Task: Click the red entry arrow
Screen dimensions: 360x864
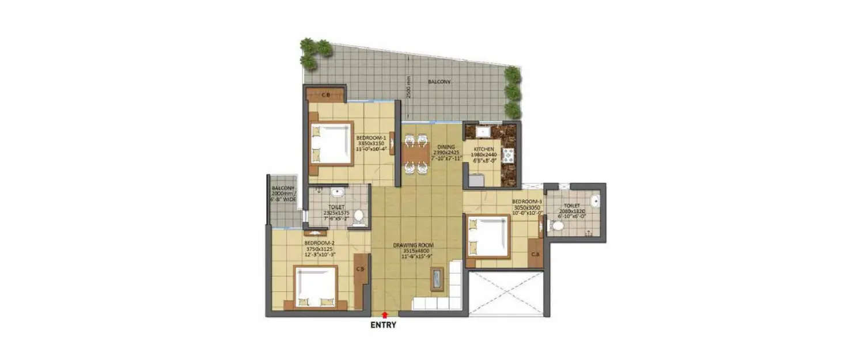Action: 384,314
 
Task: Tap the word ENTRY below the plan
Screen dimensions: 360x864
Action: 384,325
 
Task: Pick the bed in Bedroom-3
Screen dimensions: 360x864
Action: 488,236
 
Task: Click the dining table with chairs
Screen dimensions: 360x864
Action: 415,154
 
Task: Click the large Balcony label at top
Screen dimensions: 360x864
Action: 439,82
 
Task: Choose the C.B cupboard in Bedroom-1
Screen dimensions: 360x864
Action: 325,94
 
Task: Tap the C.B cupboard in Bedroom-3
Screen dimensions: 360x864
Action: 535,254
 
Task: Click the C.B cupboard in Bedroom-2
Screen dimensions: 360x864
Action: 361,269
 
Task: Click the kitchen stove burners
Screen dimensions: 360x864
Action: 509,156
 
